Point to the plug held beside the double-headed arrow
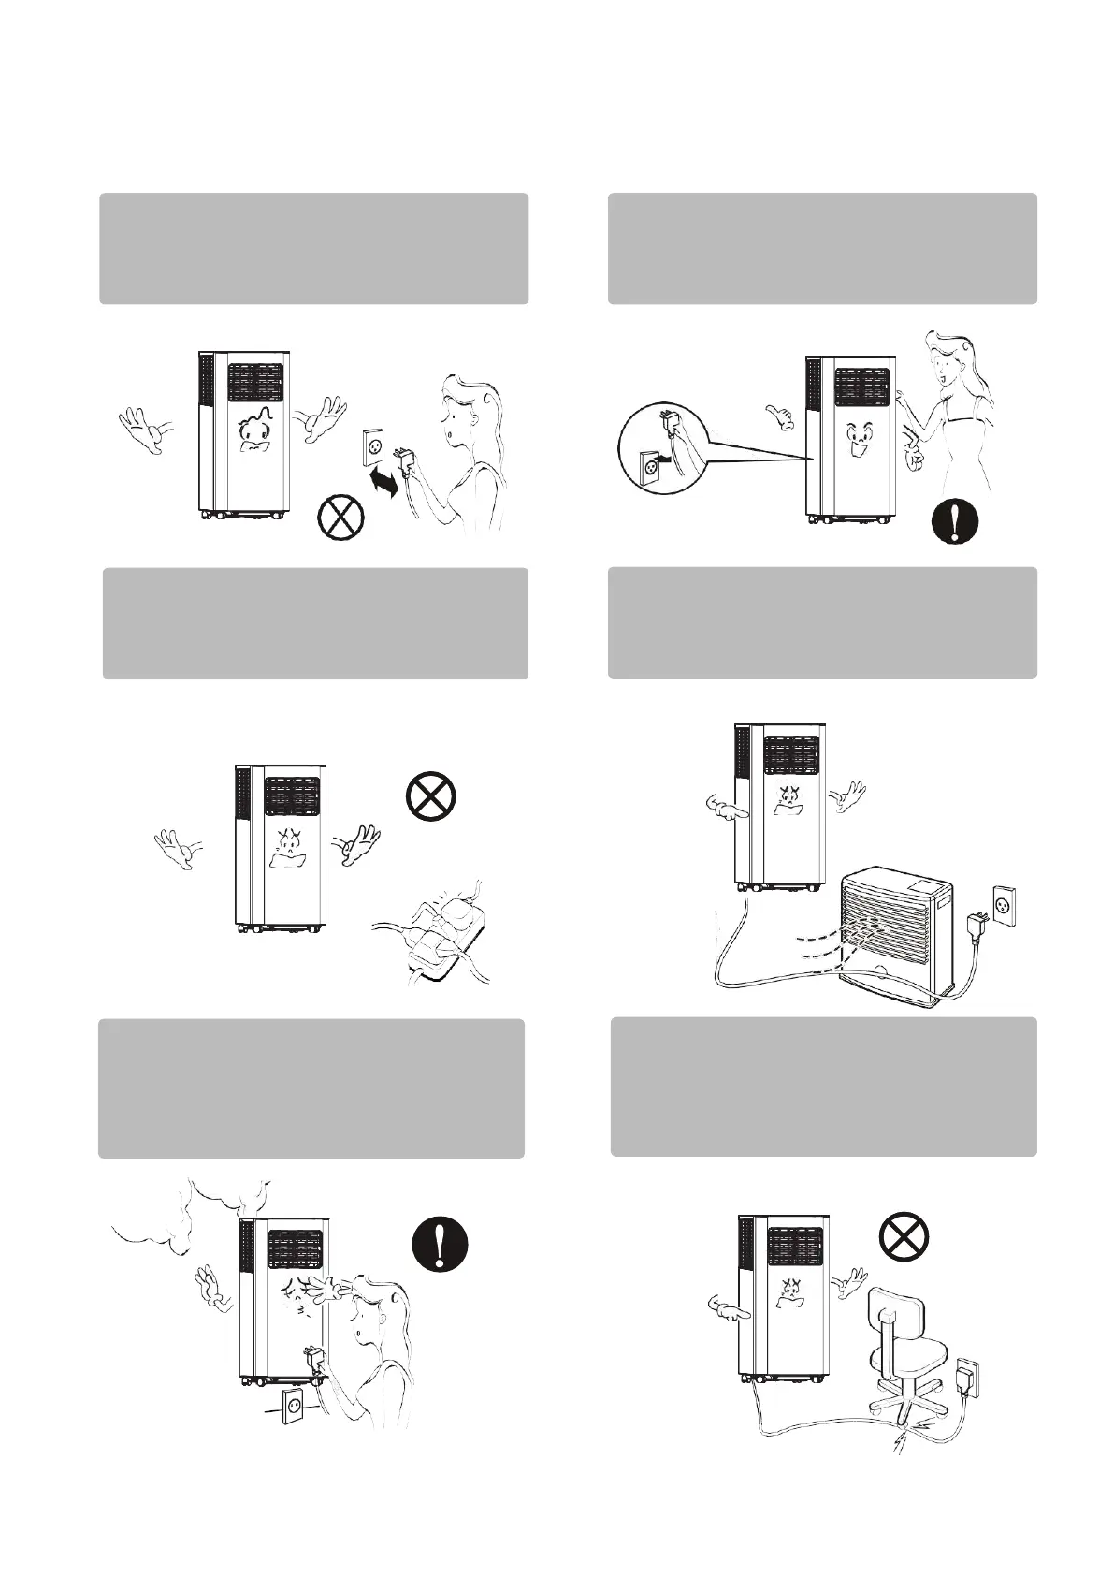[408, 460]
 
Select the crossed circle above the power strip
[430, 796]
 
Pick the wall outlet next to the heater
[1002, 905]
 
